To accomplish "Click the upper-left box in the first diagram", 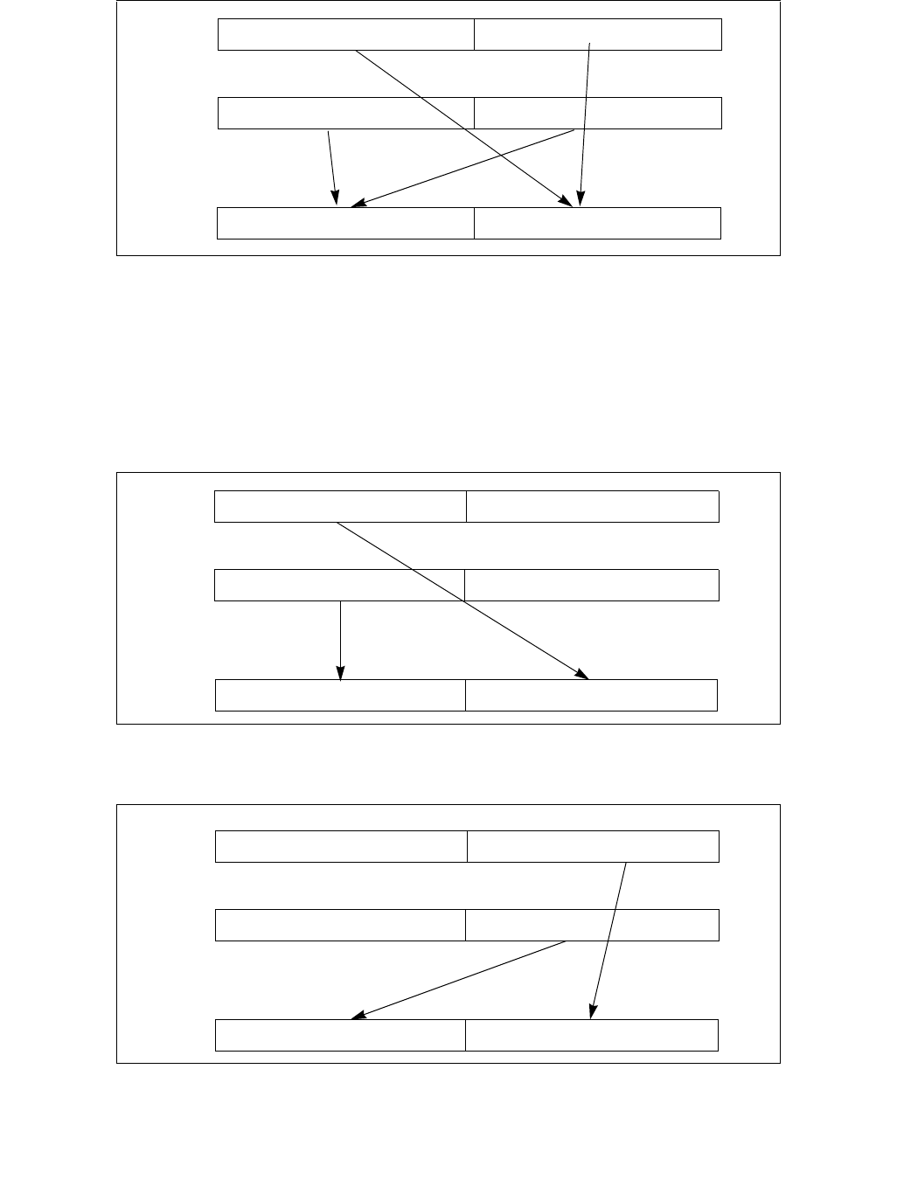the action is (x=346, y=34).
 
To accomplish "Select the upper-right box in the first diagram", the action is (x=598, y=34).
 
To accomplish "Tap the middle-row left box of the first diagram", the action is (x=346, y=114).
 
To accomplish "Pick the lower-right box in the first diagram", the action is (x=597, y=224).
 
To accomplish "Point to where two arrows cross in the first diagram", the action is (x=504, y=155).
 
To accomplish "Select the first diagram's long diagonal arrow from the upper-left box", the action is (x=420, y=96).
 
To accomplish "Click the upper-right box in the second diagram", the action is (x=593, y=507).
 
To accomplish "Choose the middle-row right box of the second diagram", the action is (x=592, y=585).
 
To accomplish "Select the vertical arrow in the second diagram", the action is (x=340, y=638).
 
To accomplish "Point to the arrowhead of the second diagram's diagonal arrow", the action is (x=584, y=675).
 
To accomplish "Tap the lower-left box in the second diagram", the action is (x=340, y=695).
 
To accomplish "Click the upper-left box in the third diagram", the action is (x=341, y=846).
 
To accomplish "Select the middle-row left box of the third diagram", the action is (x=340, y=925).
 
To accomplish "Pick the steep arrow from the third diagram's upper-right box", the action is (x=609, y=940).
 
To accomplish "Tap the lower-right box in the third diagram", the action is (x=592, y=1035).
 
